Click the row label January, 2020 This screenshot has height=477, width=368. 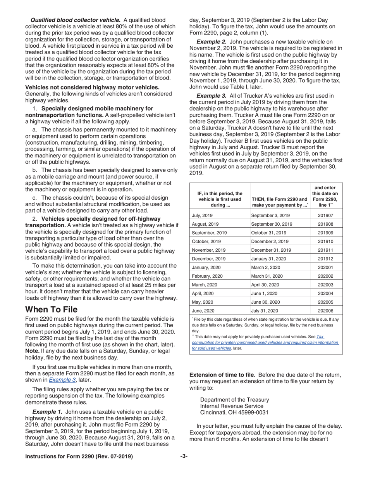(x=206, y=268)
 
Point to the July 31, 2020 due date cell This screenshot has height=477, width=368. (x=265, y=311)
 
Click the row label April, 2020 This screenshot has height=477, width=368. (x=203, y=294)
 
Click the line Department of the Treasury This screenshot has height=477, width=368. (x=234, y=399)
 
